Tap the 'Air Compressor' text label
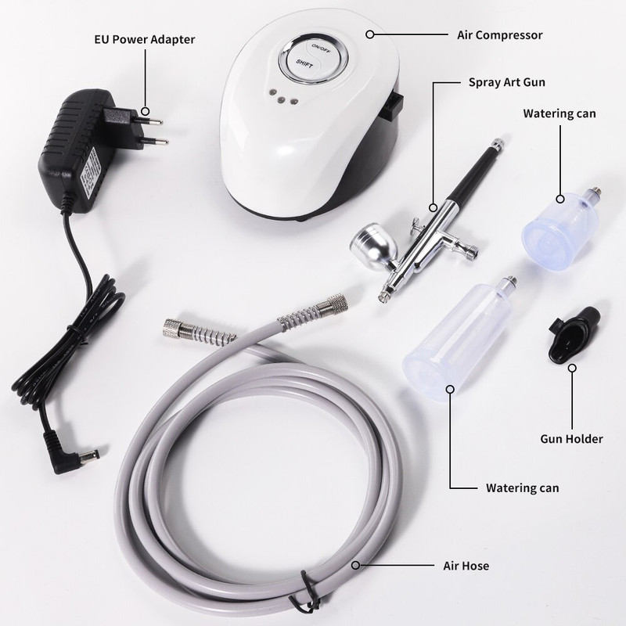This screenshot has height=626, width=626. (x=500, y=35)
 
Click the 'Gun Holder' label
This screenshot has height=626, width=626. (x=572, y=439)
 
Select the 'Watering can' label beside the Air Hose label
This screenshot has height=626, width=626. (x=522, y=488)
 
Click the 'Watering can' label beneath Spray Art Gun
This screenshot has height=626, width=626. (x=559, y=113)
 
